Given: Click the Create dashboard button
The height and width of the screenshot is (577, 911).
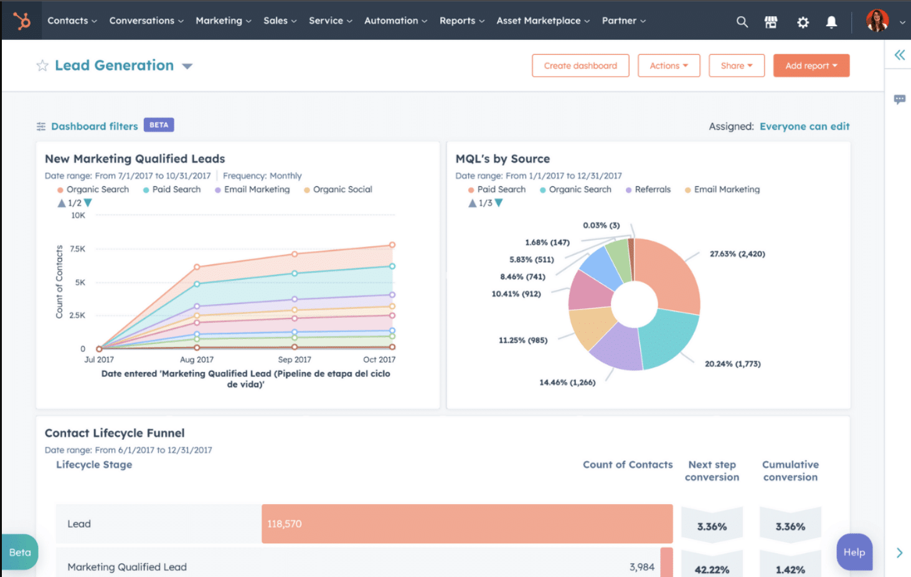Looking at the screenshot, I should pyautogui.click(x=580, y=65).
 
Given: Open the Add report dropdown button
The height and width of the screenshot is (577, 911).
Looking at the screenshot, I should pyautogui.click(x=811, y=65).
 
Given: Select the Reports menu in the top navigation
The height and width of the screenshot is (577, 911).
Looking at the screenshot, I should pyautogui.click(x=461, y=21).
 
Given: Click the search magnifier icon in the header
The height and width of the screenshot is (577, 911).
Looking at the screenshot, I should pyautogui.click(x=742, y=22).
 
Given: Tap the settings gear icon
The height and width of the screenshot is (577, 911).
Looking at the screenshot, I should pyautogui.click(x=803, y=22).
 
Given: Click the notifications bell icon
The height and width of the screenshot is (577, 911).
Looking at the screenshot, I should pyautogui.click(x=831, y=22).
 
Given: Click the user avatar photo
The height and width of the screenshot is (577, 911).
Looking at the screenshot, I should pyautogui.click(x=877, y=21).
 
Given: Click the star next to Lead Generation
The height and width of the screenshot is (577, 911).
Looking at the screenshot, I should pyautogui.click(x=42, y=65).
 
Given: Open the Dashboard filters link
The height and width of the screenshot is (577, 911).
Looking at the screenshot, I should pyautogui.click(x=94, y=126).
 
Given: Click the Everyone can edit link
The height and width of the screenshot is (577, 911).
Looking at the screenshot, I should pyautogui.click(x=804, y=126).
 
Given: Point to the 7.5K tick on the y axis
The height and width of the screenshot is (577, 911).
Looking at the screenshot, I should pyautogui.click(x=78, y=249).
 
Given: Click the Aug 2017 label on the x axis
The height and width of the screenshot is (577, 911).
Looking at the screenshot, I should pyautogui.click(x=197, y=360).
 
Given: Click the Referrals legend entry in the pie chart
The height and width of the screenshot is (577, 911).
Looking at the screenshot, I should pyautogui.click(x=652, y=189).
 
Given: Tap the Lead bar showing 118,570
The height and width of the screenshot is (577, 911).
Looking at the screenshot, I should pyautogui.click(x=467, y=524).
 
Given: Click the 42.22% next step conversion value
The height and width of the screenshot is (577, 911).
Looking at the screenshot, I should pyautogui.click(x=712, y=569).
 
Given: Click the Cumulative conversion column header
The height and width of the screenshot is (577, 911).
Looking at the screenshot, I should pyautogui.click(x=790, y=471).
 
